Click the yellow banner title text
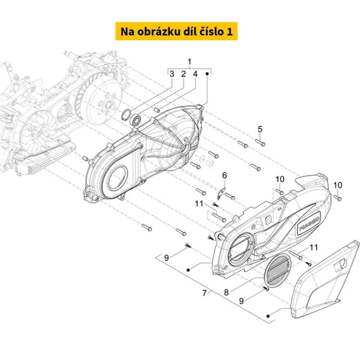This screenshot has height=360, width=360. pyautogui.click(x=176, y=32)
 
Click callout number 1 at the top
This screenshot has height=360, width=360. pyautogui.click(x=189, y=62)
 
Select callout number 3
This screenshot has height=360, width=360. pyautogui.click(x=171, y=74)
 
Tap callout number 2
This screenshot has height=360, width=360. pyautogui.click(x=184, y=74)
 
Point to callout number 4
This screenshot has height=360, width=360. pyautogui.click(x=195, y=74)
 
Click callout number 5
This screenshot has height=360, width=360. pyautogui.click(x=260, y=129)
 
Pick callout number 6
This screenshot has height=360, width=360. pyautogui.click(x=225, y=176)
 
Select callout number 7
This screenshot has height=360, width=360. pyautogui.click(x=204, y=293)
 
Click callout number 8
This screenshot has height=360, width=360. pyautogui.click(x=226, y=292)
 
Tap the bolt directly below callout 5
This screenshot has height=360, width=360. pyautogui.click(x=260, y=143)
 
